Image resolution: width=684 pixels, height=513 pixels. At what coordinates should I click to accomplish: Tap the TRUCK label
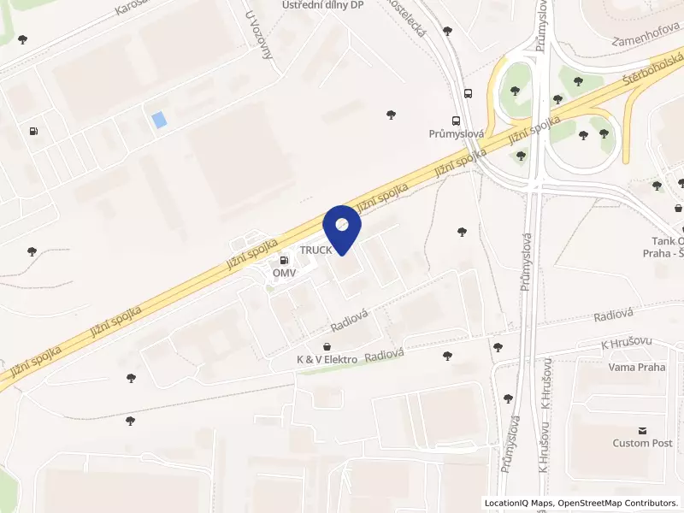click(x=315, y=250)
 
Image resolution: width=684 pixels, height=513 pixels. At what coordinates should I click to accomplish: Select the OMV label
click(x=284, y=273)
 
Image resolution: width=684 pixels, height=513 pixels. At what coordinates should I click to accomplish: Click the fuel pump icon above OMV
click(x=284, y=259)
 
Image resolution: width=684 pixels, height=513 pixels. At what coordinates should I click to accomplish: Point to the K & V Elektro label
click(x=327, y=359)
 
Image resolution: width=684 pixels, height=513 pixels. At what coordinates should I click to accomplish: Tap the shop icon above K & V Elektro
click(x=327, y=345)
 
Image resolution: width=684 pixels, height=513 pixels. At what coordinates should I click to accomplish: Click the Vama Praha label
click(x=636, y=367)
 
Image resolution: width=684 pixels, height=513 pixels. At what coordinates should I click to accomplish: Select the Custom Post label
click(x=643, y=443)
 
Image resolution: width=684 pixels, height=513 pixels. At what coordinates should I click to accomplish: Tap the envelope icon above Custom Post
click(x=643, y=429)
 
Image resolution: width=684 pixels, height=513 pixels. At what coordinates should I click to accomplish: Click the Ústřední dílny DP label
click(x=323, y=5)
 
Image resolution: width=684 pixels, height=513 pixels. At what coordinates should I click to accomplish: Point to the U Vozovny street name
click(x=258, y=34)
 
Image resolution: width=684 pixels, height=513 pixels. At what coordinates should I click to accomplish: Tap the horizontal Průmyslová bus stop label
click(x=457, y=134)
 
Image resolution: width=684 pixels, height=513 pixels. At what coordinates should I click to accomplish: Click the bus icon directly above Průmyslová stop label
click(x=457, y=121)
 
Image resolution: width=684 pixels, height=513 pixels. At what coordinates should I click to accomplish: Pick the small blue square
click(x=159, y=121)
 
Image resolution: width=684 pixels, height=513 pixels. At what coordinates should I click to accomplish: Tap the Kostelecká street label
click(x=407, y=14)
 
